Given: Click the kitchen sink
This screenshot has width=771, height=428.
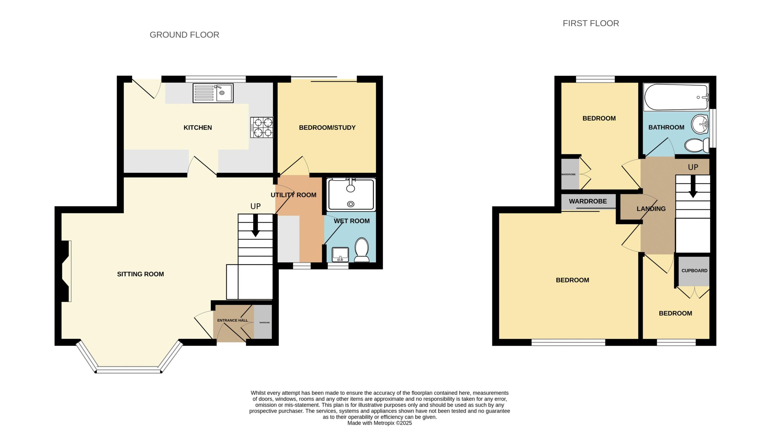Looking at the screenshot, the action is point(213,93).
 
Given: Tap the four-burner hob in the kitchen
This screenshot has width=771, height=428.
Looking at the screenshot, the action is point(262,127).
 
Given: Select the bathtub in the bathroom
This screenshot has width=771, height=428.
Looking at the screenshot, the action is point(676,97).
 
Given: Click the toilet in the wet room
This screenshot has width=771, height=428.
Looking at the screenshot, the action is point(362,250).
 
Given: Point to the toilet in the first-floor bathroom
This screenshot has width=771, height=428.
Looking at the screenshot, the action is point(697,145).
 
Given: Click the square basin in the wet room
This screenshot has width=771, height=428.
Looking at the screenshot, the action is point(340,255).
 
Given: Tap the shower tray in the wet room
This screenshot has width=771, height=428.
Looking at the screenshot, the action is point(351,194).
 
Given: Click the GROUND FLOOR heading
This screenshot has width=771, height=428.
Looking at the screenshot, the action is point(184,35).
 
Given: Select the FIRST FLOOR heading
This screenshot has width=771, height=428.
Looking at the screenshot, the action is point(591,23).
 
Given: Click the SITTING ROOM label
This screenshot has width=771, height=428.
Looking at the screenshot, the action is point(140,274).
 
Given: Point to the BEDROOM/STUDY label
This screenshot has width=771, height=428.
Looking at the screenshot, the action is point(327,128).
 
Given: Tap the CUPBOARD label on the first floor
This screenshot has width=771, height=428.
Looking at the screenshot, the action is point(695,270).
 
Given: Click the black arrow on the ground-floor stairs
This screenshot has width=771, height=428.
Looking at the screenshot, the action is point(256,225).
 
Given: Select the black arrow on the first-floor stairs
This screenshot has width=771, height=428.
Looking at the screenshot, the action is point(693,186).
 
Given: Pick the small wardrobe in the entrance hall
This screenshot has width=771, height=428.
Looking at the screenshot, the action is point(263,322).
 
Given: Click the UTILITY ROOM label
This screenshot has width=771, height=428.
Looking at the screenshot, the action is point(293,195).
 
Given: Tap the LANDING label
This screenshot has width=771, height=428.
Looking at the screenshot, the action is point(651,209).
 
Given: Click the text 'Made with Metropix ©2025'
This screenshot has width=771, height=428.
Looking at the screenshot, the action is point(379,423).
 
